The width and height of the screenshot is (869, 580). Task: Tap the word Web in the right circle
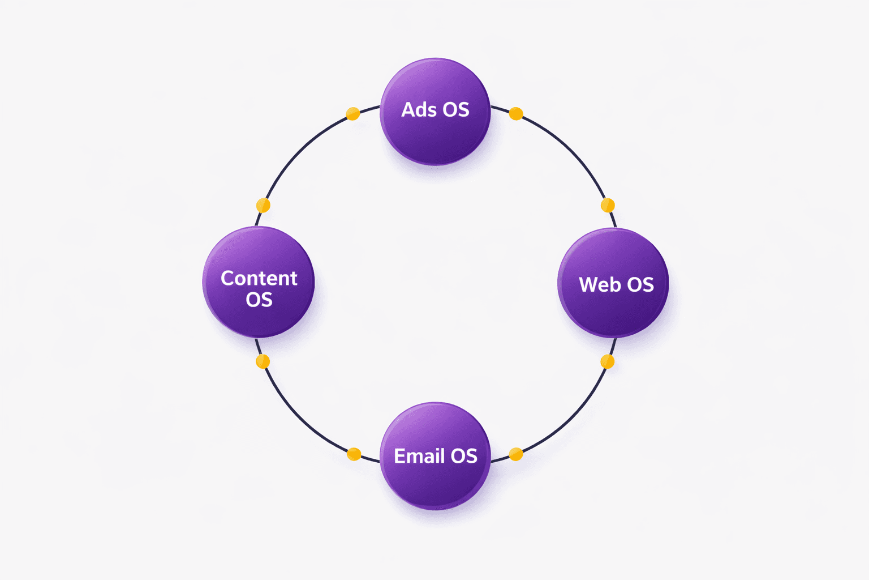599,284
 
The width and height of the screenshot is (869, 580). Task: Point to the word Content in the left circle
259,278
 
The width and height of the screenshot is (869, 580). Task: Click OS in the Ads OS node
456,109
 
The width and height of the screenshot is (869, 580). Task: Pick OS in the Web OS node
640,284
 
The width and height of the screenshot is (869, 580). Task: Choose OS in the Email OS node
464,456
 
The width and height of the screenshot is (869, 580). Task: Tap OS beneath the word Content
259,300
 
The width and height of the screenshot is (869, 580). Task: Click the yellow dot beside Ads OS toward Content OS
352,114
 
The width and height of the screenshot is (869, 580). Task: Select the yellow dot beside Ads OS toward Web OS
516,114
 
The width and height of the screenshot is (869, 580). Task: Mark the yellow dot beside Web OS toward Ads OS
608,205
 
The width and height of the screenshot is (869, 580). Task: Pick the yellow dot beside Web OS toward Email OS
608,361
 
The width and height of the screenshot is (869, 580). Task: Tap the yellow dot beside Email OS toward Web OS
516,454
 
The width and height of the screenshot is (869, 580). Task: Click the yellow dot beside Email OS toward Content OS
354,454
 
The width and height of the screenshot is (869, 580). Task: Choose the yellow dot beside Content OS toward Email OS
263,361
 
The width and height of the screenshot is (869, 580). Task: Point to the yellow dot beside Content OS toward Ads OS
263,205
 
